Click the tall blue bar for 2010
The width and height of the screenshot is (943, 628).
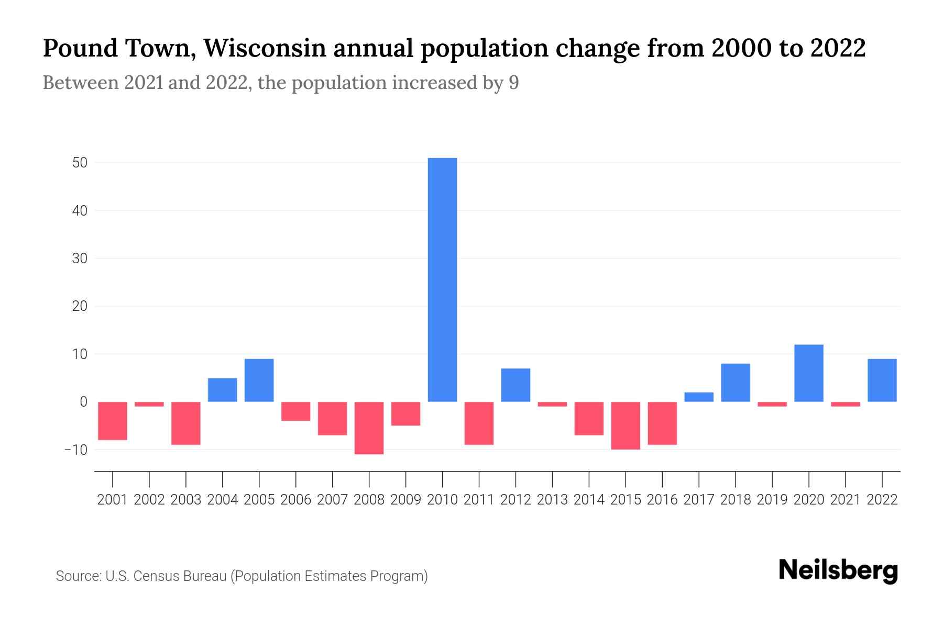(x=442, y=280)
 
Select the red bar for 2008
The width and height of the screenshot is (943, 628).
(x=369, y=428)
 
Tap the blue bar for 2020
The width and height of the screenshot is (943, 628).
(x=808, y=373)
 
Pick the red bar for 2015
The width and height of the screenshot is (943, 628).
(x=626, y=425)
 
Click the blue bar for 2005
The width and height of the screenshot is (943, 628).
(x=259, y=380)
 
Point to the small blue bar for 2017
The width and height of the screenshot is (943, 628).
(x=698, y=397)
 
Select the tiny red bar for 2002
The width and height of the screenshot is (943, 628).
(x=149, y=404)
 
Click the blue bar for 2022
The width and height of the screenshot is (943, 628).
(x=882, y=380)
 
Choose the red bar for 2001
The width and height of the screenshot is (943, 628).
(x=113, y=421)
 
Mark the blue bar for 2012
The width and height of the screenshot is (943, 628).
(x=516, y=385)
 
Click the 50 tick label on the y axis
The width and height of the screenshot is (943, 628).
(x=80, y=163)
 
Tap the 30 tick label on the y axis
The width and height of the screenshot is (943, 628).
(x=80, y=259)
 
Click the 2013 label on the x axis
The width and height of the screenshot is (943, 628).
(x=552, y=500)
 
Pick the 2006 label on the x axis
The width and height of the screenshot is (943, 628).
(x=295, y=500)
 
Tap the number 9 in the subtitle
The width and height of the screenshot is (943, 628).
(x=513, y=83)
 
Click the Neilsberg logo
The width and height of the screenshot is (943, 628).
(x=838, y=571)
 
